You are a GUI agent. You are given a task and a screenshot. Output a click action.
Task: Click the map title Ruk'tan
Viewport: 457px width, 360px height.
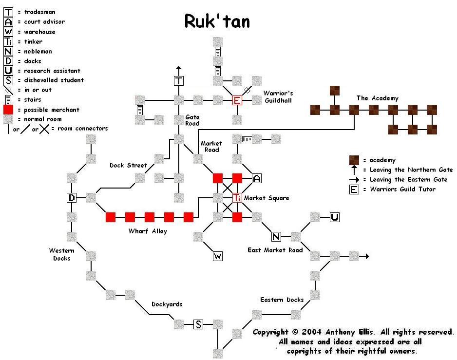[217, 21]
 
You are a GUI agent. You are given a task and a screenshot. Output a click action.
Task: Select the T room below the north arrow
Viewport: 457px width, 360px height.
[179, 81]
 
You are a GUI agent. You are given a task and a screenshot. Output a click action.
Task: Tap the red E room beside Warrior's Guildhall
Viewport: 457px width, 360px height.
[237, 100]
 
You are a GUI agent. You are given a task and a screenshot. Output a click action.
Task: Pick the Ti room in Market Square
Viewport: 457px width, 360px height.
[237, 198]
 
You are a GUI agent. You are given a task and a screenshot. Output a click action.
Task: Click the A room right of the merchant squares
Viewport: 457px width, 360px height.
[257, 178]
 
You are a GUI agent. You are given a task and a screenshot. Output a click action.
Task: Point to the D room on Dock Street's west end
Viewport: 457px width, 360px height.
[72, 198]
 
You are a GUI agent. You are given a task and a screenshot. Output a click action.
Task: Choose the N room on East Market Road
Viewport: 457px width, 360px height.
[276, 237]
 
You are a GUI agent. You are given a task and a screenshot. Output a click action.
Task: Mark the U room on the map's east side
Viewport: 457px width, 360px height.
[335, 217]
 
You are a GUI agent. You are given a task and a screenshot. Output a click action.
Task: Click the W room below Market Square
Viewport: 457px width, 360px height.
[218, 256]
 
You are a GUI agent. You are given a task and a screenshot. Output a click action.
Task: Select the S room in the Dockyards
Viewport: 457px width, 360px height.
[198, 324]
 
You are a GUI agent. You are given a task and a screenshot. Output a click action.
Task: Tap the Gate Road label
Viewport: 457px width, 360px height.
[192, 120]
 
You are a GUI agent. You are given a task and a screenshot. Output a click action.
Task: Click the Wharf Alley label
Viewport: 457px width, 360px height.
[148, 231]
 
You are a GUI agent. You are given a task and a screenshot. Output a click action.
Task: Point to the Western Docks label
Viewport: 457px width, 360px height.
[62, 254]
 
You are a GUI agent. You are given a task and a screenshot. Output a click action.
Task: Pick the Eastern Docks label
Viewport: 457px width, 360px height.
[282, 300]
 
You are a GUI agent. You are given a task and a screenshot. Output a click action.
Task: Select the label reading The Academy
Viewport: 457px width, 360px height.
[377, 98]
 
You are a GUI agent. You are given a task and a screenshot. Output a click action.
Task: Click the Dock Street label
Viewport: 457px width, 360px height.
[128, 165]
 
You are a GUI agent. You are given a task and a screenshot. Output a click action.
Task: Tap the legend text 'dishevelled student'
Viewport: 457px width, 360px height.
[54, 80]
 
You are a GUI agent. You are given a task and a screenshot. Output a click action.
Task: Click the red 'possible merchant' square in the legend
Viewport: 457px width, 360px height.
[8, 110]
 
